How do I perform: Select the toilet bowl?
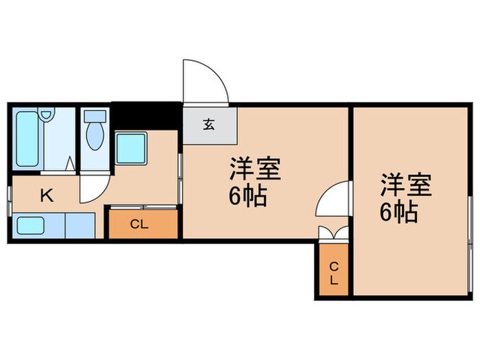94,135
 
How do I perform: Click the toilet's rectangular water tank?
94,117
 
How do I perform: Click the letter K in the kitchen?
46,196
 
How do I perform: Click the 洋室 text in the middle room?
256,169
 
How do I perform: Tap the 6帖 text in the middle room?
247,198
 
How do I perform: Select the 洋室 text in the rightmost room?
407,184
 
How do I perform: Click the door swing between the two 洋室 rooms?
335,199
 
